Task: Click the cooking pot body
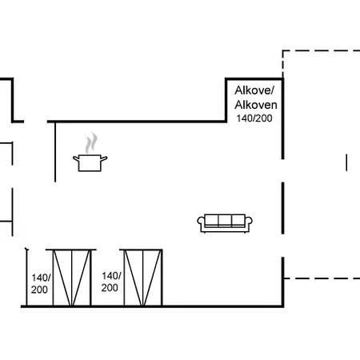tap(90, 163)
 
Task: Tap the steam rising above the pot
tap(91, 143)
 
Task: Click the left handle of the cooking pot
tap(76, 158)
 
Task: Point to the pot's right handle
tap(104, 158)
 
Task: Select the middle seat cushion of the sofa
tap(225, 221)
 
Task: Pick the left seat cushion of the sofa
tap(211, 221)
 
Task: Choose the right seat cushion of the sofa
tap(238, 221)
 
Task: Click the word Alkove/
tap(254, 90)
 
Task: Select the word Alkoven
tap(256, 105)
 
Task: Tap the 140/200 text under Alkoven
tap(254, 118)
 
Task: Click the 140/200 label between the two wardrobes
tap(110, 282)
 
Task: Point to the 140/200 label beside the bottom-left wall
tap(41, 283)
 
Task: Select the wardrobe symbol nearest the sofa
tap(143, 278)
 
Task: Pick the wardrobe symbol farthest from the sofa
tap(71, 278)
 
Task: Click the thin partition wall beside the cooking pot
tap(55, 152)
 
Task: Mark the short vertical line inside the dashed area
tap(346, 162)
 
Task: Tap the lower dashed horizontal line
tap(322, 278)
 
